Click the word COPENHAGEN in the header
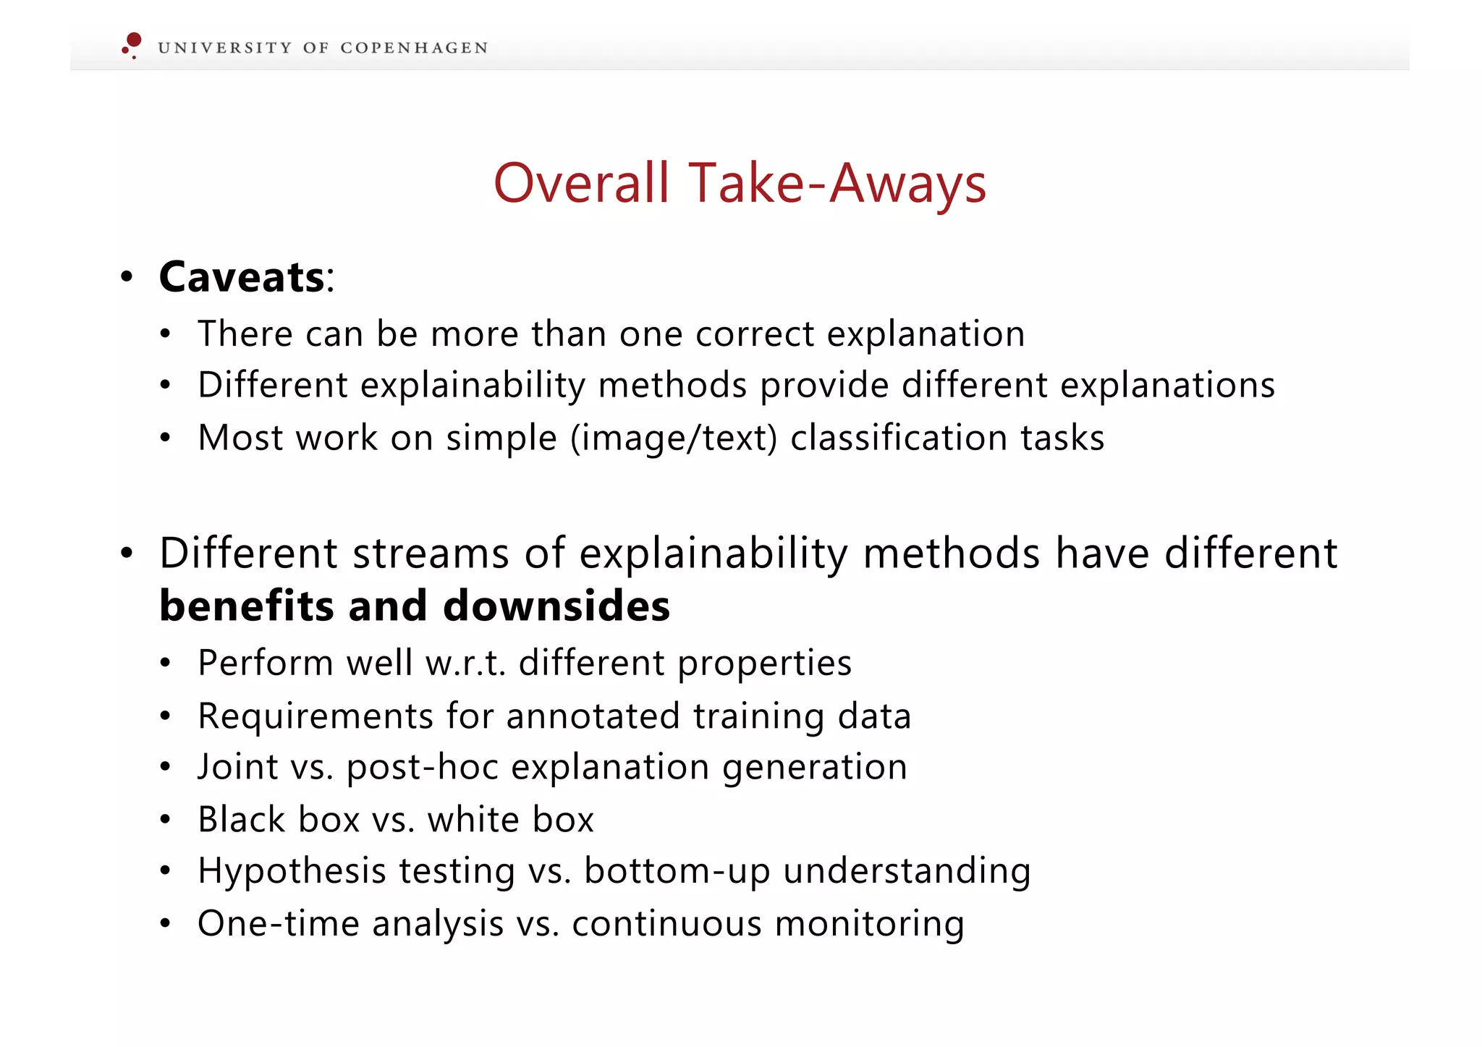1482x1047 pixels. point(414,48)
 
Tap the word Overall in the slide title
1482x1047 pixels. point(581,183)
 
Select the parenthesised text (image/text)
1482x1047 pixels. point(674,438)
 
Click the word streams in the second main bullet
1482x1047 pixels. point(431,554)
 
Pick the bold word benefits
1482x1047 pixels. point(247,606)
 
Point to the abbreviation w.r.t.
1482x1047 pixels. point(465,664)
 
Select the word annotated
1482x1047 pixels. point(593,716)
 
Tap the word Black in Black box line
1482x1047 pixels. point(242,820)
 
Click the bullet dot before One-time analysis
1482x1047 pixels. point(166,924)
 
